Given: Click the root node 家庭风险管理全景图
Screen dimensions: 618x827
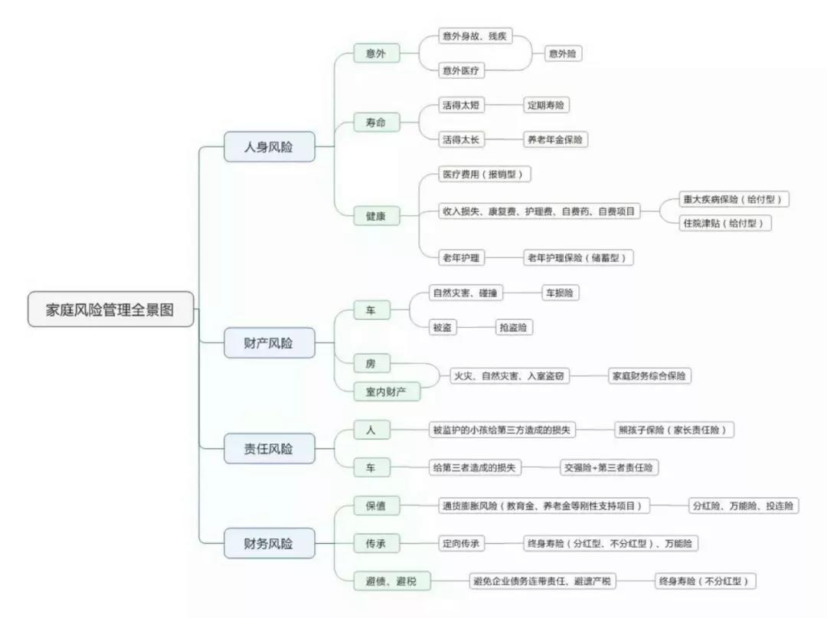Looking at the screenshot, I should tap(110, 309).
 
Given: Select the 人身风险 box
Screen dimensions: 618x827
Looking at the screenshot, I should tap(269, 146).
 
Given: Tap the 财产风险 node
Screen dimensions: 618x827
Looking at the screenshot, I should tap(269, 343).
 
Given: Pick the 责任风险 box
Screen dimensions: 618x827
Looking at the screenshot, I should tap(269, 449).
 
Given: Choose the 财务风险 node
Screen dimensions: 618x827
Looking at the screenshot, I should tap(269, 544).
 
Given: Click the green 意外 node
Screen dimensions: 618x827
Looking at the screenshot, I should tap(376, 54).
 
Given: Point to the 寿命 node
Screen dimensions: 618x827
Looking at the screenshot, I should tap(376, 122).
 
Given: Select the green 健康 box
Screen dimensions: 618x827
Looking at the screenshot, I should tap(376, 217).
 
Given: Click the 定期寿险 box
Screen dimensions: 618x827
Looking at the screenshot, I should tap(547, 105).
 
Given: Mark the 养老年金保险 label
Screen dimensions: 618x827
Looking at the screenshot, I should tap(555, 139).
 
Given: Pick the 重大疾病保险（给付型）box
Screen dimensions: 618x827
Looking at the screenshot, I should tap(734, 199).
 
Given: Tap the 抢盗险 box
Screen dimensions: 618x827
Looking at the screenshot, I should tap(514, 327).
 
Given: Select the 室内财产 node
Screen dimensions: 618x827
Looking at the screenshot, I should tap(387, 392).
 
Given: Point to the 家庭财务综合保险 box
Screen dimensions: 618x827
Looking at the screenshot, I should tap(648, 376).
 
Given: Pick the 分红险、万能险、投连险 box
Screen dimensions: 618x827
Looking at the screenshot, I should tap(743, 505).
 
